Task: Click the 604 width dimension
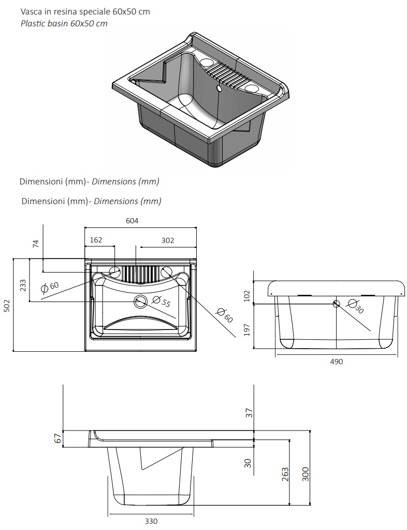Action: [x=132, y=221]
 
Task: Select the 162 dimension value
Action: [x=96, y=240]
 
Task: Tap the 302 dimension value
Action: [x=168, y=240]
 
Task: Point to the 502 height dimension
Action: [x=7, y=306]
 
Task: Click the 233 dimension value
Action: [x=23, y=285]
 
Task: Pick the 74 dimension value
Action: [x=36, y=243]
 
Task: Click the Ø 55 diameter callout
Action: [x=161, y=301]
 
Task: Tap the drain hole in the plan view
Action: [x=140, y=301]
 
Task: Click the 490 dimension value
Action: [x=337, y=362]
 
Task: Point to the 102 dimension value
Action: [x=247, y=296]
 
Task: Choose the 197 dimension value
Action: [x=247, y=330]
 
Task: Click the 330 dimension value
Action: [x=151, y=521]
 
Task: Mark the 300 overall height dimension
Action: [x=306, y=474]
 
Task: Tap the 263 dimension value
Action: [x=285, y=474]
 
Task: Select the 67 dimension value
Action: [x=58, y=438]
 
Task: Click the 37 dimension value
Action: [x=249, y=413]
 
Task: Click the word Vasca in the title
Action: [x=31, y=11]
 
